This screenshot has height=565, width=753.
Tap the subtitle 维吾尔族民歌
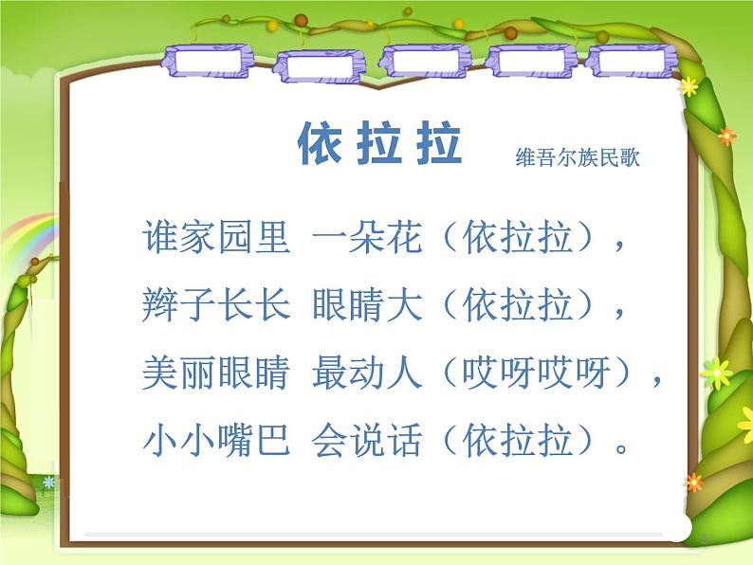(x=577, y=157)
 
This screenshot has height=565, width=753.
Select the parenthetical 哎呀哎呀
(x=539, y=374)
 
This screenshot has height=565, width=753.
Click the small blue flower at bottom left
(x=48, y=483)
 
